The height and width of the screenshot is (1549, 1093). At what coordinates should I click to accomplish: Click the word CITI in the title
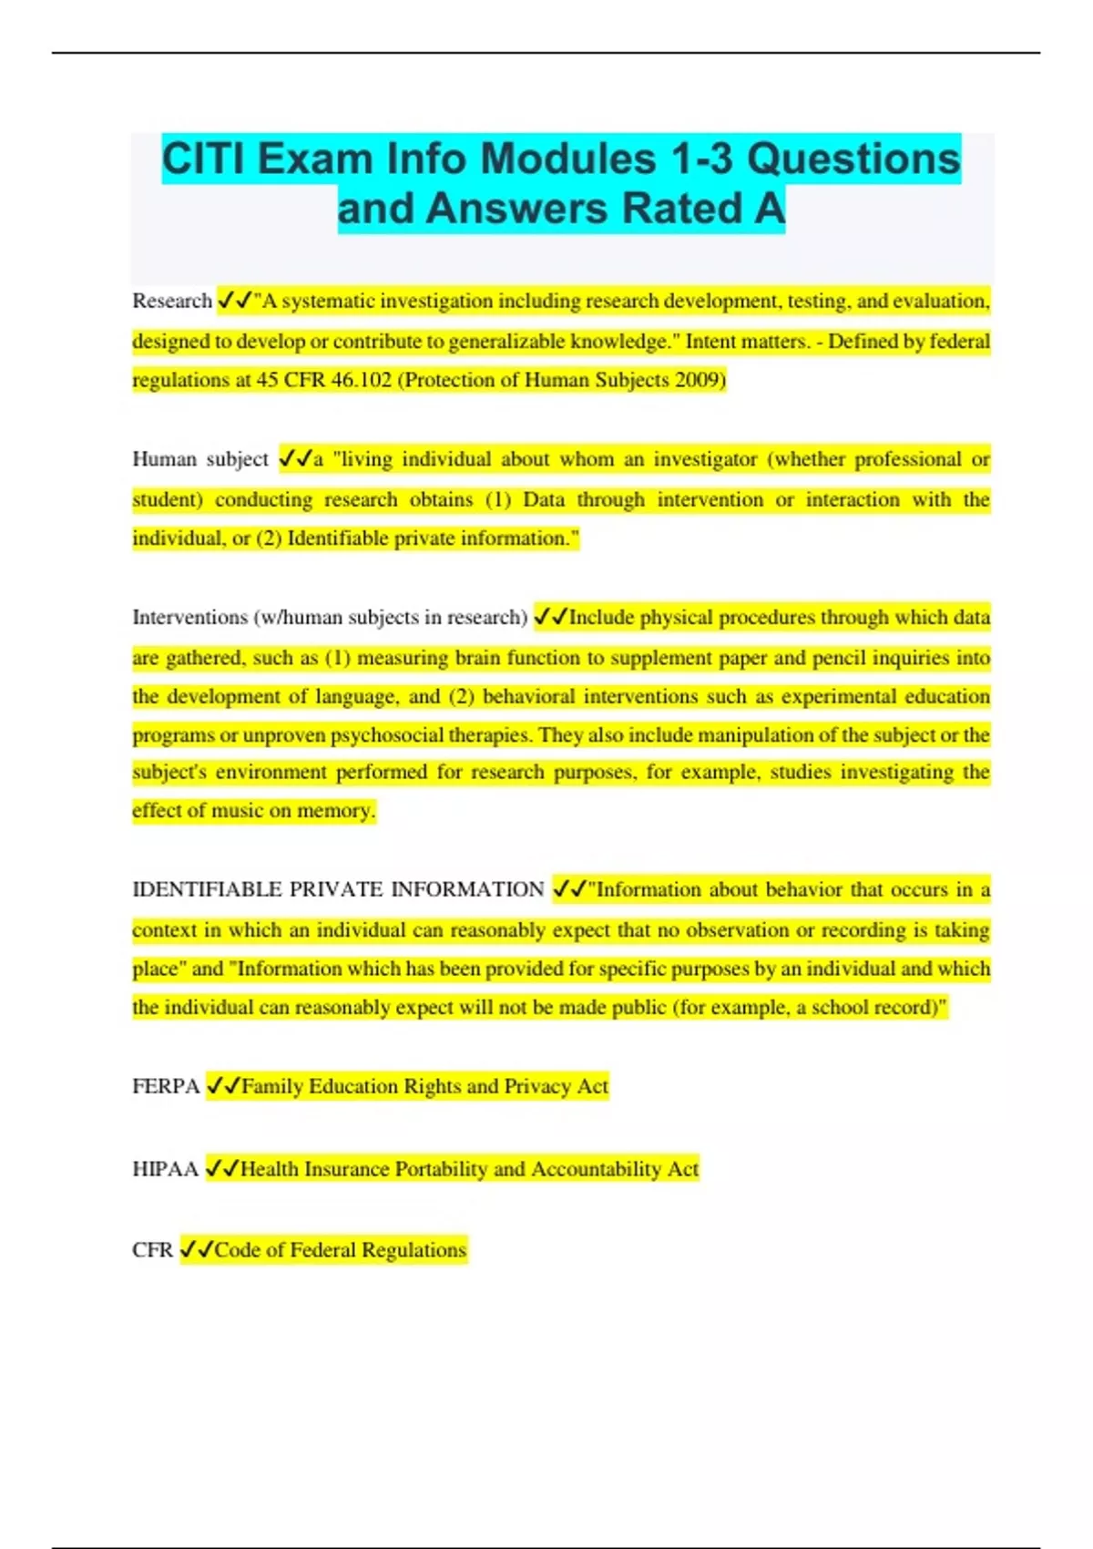203,159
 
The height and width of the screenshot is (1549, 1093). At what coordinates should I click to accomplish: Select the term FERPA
166,1086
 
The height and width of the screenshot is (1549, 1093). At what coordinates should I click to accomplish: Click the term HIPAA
165,1169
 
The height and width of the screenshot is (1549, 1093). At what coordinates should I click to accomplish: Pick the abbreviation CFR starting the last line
152,1250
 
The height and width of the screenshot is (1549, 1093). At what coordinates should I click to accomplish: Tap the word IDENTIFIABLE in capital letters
207,889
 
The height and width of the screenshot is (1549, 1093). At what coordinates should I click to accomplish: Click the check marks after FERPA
223,1086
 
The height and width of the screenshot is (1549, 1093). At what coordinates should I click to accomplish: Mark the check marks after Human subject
295,459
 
